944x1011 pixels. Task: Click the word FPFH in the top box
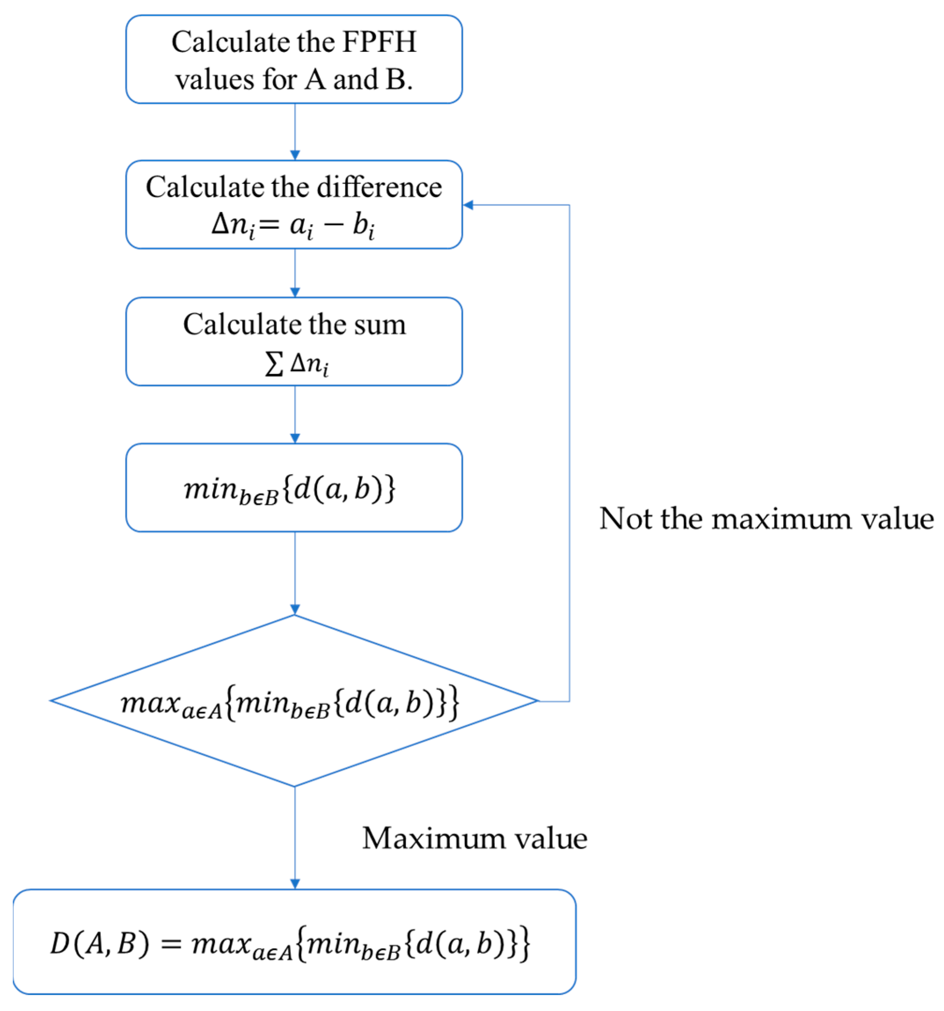(x=379, y=42)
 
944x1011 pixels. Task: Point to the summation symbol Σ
(x=274, y=364)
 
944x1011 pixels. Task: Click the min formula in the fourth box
(x=289, y=490)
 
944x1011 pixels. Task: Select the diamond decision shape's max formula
(x=289, y=703)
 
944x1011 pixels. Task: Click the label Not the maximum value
(x=766, y=519)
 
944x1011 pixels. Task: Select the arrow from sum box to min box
(x=295, y=414)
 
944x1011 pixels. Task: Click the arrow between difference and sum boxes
(x=295, y=273)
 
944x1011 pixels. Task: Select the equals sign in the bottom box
(x=171, y=945)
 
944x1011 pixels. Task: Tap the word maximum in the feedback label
(x=781, y=519)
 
